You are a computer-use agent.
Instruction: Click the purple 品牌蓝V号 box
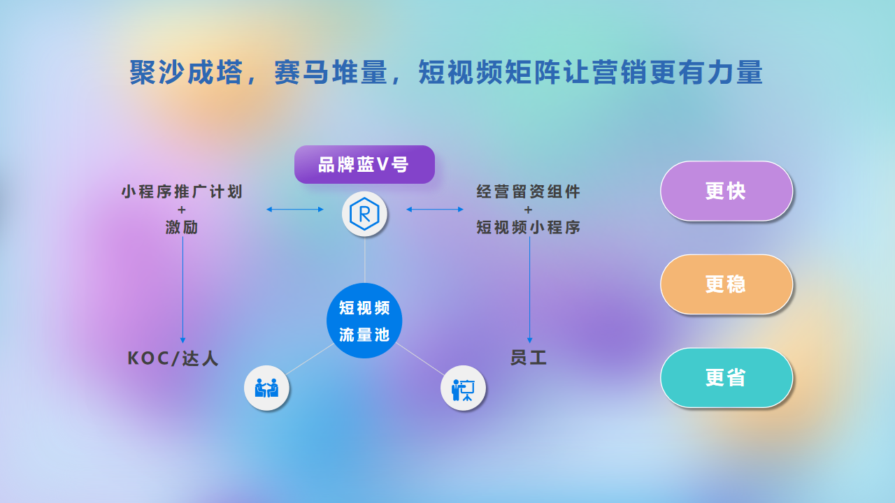tap(364, 164)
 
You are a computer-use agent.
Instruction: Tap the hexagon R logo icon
tap(364, 214)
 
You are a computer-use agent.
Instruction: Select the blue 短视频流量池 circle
tap(364, 321)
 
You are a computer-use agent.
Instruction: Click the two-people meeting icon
tap(266, 388)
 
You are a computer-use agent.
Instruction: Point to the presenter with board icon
tap(463, 388)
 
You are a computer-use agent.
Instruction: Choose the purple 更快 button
tap(726, 191)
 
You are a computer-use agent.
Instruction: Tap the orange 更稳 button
tap(726, 284)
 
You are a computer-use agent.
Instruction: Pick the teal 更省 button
tap(726, 378)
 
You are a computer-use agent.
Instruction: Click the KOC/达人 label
tap(173, 358)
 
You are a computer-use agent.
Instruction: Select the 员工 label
tap(529, 357)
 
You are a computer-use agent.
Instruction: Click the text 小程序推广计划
tap(182, 191)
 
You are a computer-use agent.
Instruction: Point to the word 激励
tap(182, 227)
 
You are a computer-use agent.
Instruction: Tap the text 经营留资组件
tap(528, 191)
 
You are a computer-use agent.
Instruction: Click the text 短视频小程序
tap(528, 227)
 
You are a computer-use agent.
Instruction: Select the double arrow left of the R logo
tap(295, 209)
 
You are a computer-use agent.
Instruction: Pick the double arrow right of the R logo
tap(435, 209)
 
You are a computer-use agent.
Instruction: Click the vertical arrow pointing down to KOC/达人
tap(182, 290)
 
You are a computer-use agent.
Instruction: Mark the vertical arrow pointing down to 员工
tap(530, 290)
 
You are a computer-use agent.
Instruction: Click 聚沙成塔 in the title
tap(186, 72)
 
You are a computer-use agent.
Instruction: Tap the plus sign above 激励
tap(182, 210)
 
